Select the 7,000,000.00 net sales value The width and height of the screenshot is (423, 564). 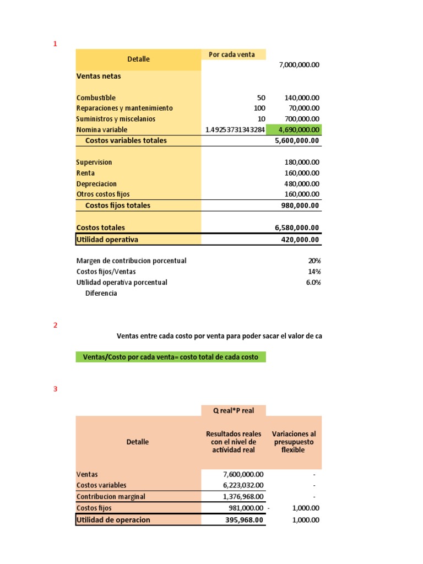click(299, 65)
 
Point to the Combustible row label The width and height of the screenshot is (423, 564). click(96, 97)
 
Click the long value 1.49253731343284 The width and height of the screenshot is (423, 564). click(235, 130)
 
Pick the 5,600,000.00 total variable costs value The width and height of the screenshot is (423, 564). click(297, 140)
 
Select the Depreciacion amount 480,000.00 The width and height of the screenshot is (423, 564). click(300, 183)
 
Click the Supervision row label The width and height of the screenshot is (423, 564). click(94, 162)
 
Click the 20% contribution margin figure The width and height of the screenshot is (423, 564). click(314, 261)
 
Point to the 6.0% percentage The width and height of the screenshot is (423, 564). click(313, 282)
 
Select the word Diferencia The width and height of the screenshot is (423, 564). click(101, 293)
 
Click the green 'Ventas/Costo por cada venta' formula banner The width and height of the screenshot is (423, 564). click(171, 357)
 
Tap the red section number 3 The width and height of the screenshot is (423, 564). click(55, 389)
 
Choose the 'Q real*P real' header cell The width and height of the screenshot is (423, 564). click(234, 410)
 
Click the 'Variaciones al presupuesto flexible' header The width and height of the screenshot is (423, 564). click(294, 442)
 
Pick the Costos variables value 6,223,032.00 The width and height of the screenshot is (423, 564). click(243, 485)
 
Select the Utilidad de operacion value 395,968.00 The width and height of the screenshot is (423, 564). click(245, 520)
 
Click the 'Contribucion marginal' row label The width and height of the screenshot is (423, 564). click(111, 496)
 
